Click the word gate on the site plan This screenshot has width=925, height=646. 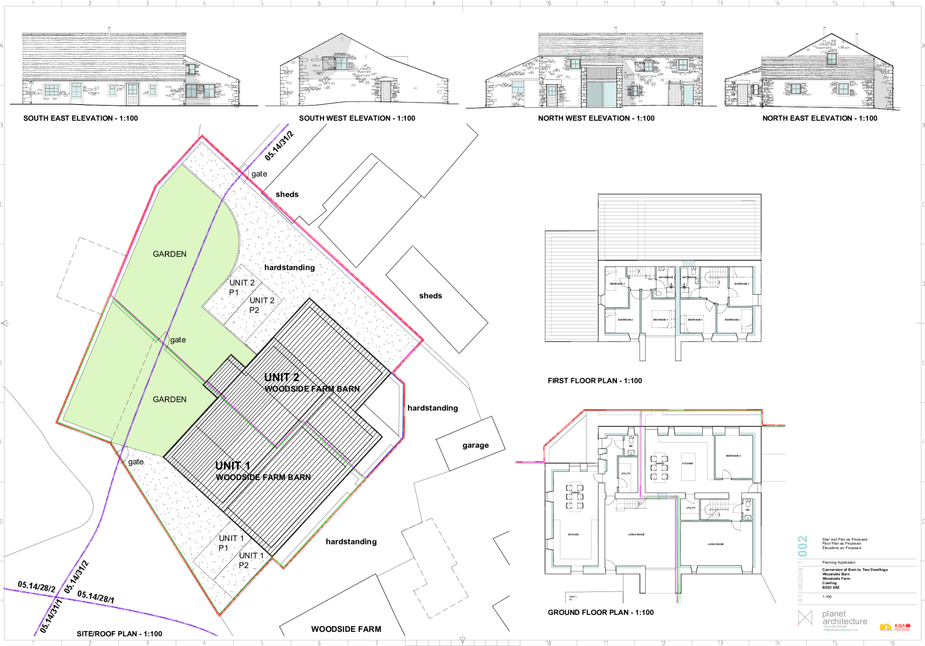tap(178, 340)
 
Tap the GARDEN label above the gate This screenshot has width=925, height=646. tap(169, 254)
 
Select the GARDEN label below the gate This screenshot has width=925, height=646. tap(169, 399)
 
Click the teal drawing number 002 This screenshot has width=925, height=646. tap(803, 546)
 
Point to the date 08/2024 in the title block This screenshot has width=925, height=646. tap(800, 579)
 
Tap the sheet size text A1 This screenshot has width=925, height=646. tap(800, 599)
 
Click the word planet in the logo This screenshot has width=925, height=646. tap(834, 614)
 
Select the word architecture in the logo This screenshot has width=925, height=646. tap(845, 621)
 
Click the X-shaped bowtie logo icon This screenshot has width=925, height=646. tap(805, 618)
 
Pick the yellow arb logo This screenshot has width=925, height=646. tap(885, 626)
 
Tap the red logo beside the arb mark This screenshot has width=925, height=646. tap(902, 626)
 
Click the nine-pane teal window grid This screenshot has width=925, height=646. tap(51, 90)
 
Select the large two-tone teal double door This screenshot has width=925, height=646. tap(601, 94)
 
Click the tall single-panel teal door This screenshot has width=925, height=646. tap(688, 94)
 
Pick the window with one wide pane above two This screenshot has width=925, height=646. tap(518, 87)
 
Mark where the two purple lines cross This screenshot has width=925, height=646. tap(55, 597)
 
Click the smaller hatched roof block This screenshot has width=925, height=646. tap(571, 286)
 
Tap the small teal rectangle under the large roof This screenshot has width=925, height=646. tap(689, 263)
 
